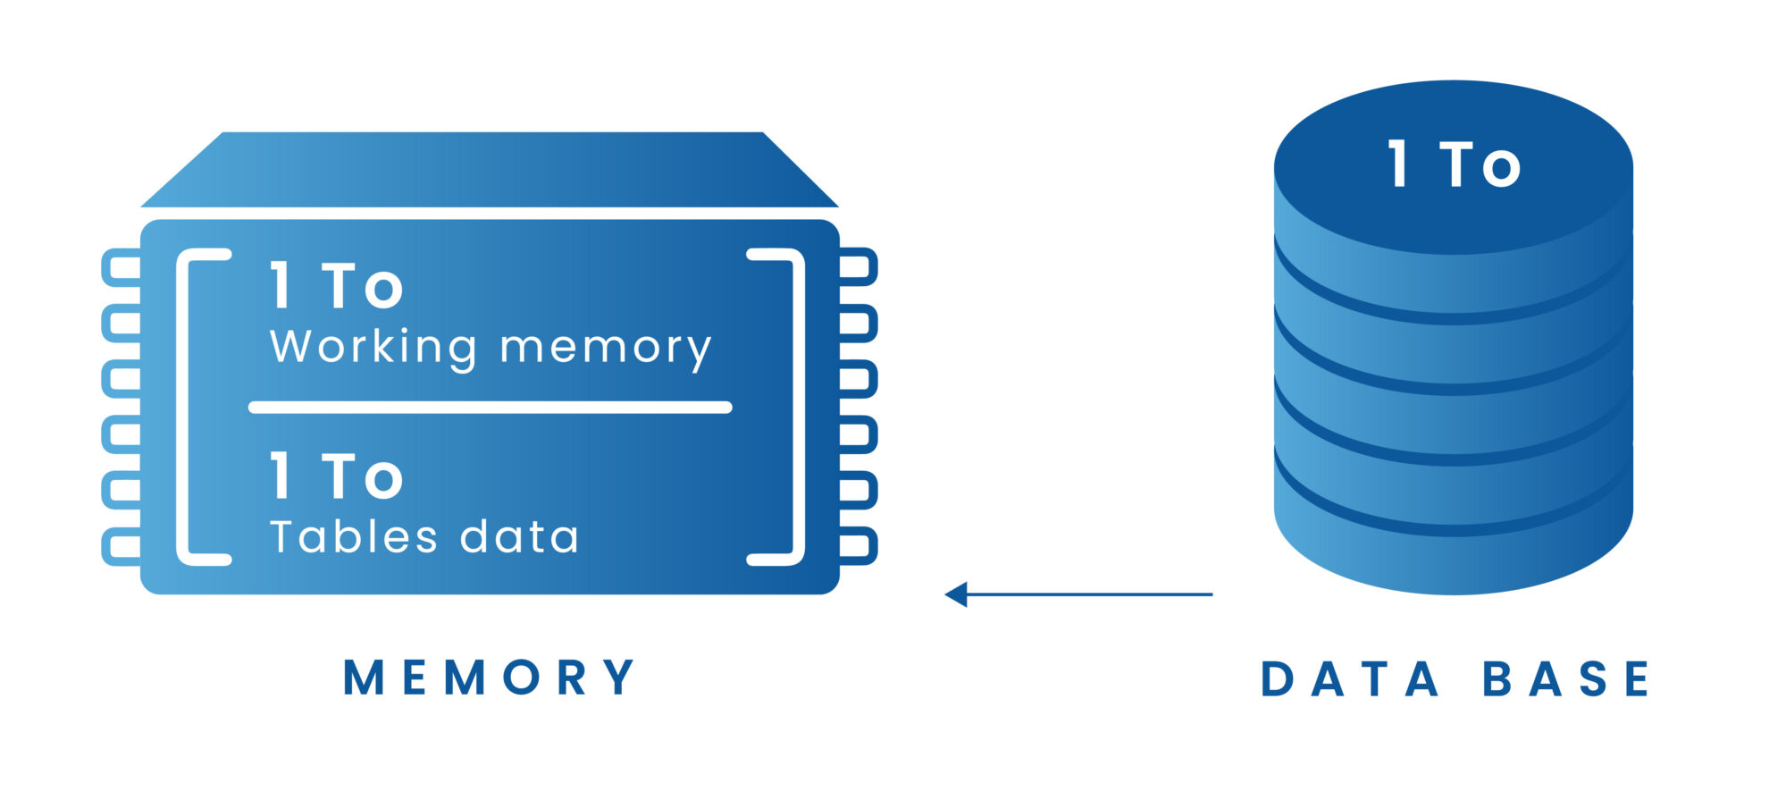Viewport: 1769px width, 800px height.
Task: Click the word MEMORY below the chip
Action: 489,678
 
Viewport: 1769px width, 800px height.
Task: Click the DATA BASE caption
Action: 1455,679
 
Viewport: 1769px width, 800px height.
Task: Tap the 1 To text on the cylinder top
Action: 1454,165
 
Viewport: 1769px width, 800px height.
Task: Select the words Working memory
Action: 490,347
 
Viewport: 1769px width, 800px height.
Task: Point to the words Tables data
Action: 424,537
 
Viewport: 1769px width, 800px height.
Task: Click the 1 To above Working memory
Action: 337,287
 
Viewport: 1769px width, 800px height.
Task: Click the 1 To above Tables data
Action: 337,476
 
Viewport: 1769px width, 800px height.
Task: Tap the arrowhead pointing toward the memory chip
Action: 957,594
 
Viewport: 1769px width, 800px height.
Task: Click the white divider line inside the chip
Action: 490,408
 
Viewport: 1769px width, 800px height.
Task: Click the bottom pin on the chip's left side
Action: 122,546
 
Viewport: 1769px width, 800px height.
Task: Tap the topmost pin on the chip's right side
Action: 858,266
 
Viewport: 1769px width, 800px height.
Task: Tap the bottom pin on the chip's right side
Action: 858,546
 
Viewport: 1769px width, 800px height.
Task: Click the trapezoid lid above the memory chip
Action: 490,170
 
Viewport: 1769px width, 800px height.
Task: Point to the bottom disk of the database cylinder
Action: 1454,554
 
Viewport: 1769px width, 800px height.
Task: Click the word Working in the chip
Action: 373,347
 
